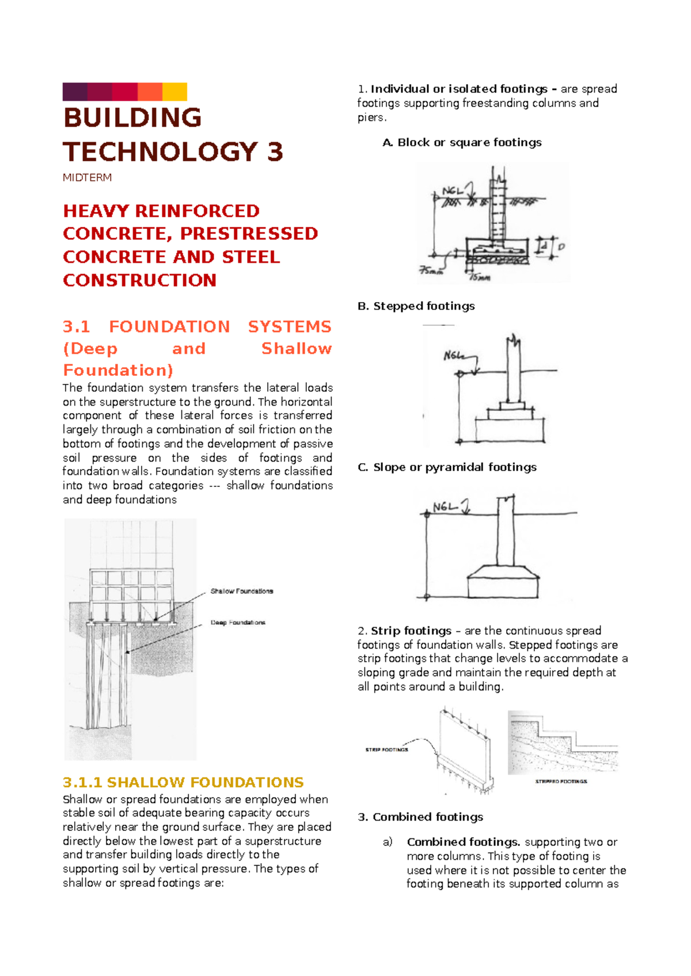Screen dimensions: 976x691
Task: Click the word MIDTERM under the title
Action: click(x=87, y=178)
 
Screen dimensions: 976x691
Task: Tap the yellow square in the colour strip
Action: click(x=174, y=92)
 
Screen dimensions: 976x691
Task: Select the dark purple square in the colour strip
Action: click(x=75, y=92)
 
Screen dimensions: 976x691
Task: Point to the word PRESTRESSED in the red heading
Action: click(x=249, y=234)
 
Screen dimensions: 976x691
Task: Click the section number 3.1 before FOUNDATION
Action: click(x=77, y=327)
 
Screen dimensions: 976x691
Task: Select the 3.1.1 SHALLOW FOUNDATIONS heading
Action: click(x=183, y=782)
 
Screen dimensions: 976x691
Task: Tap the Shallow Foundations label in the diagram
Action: click(x=242, y=591)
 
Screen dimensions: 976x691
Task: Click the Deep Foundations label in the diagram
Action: click(x=238, y=623)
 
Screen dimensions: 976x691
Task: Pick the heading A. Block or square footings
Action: click(x=462, y=143)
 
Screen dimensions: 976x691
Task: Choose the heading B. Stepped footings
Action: click(x=416, y=306)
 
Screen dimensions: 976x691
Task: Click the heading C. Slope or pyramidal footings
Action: click(x=447, y=467)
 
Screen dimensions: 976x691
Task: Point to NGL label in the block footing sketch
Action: click(x=453, y=191)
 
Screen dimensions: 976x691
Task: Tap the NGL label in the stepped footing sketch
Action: click(x=453, y=356)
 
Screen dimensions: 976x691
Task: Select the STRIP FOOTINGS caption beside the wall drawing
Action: click(x=386, y=750)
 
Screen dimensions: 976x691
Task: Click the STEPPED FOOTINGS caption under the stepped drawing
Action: click(x=561, y=781)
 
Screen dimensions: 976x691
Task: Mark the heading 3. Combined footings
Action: click(x=420, y=817)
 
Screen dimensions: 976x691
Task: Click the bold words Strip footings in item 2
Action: click(x=411, y=631)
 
